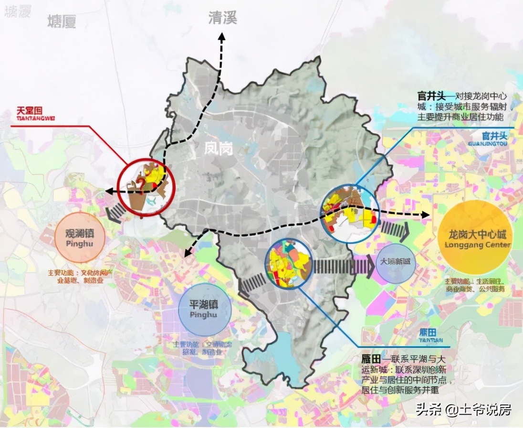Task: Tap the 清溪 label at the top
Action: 222,19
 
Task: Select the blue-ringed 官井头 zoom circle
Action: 349,213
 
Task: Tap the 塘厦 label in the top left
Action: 62,21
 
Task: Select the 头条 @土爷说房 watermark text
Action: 463,409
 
